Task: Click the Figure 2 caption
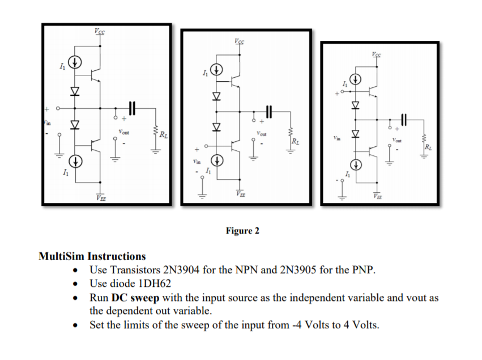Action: pos(242,231)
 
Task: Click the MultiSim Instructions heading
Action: pos(92,256)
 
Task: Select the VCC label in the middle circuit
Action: pos(240,41)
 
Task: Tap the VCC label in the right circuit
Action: pos(377,55)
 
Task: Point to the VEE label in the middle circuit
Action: pos(240,194)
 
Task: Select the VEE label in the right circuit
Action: pos(377,196)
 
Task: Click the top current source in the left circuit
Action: pos(76,61)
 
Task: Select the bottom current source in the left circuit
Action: pos(76,161)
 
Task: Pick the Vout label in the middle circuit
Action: pos(262,134)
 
